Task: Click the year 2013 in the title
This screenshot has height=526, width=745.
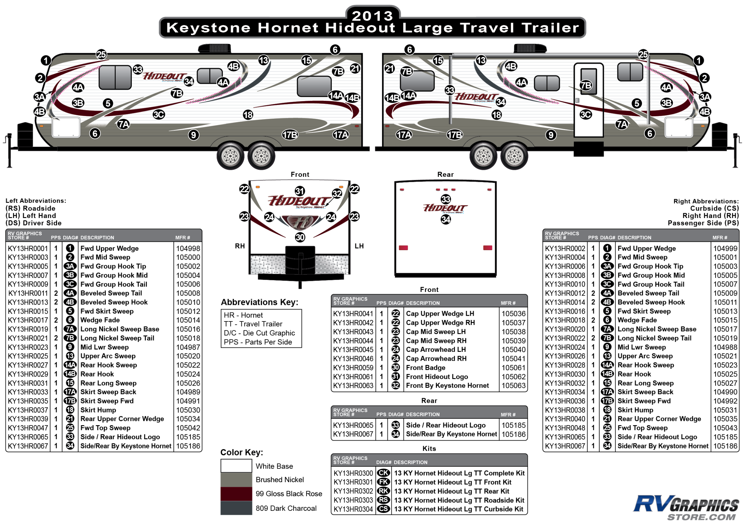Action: [372, 16]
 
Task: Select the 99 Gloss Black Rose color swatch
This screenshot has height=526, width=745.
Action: [236, 494]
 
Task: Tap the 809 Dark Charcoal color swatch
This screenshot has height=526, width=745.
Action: [236, 508]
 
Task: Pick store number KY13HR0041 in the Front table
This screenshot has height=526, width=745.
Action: [353, 314]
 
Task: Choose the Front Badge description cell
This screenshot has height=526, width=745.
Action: [426, 368]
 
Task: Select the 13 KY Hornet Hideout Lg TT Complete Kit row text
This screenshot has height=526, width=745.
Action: [460, 474]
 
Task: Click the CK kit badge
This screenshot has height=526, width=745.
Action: [384, 473]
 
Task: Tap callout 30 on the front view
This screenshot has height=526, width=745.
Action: [300, 237]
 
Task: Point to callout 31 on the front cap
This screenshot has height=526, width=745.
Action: [299, 191]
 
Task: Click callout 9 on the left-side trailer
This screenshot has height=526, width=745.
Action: [193, 135]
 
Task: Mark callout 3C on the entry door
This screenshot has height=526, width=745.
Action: [586, 115]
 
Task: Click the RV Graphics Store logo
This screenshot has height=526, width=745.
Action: [686, 508]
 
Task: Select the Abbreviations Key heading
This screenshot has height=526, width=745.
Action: [260, 302]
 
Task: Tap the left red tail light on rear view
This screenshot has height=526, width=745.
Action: [403, 248]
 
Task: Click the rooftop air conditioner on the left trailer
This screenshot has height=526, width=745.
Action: [215, 48]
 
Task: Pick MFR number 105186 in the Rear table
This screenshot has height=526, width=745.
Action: [513, 434]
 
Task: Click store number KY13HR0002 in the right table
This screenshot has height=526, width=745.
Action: [565, 249]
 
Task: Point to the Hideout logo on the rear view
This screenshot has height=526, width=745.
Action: [445, 208]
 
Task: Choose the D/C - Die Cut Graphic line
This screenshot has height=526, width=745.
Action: [259, 333]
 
